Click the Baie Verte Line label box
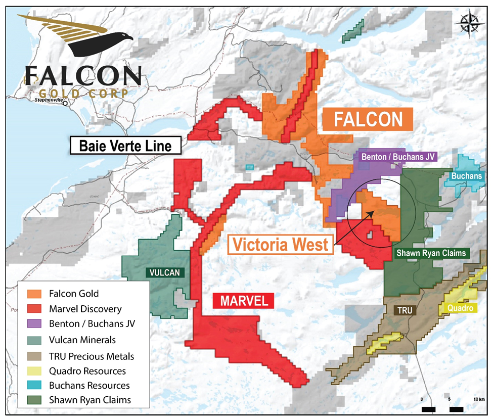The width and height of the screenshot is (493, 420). coord(125,147)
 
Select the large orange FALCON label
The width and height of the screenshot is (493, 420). coord(368,120)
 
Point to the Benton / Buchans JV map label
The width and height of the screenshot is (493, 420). coord(399,157)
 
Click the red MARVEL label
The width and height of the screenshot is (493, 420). coord(244,301)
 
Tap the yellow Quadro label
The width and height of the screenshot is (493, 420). coord(459,307)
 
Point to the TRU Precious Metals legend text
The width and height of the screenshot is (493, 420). coord(92,356)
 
